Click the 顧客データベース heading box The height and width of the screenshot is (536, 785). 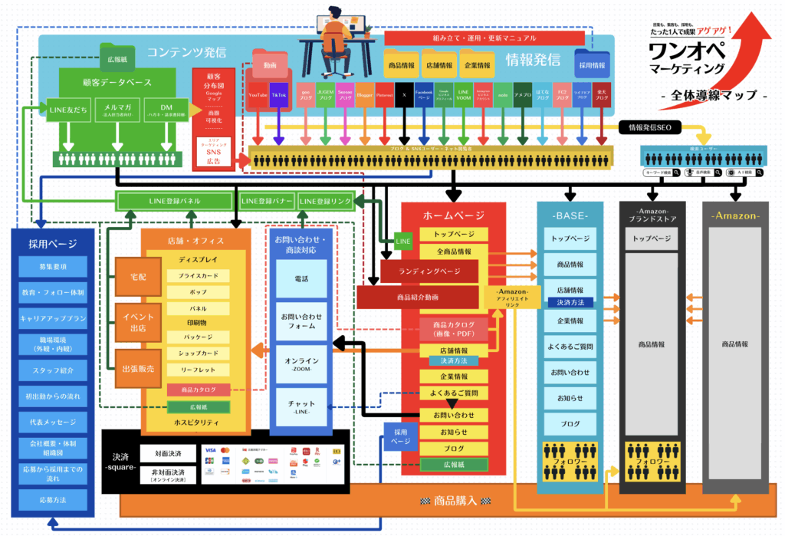click(x=117, y=81)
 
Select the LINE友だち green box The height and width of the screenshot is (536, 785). click(x=67, y=109)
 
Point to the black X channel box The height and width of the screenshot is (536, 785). click(x=404, y=94)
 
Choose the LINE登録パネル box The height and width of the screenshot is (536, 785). click(x=175, y=201)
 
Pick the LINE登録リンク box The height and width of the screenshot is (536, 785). click(x=325, y=201)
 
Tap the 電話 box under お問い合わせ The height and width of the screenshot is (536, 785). click(x=301, y=278)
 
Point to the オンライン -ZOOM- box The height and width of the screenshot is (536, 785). click(x=301, y=363)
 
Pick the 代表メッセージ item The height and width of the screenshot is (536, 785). click(x=54, y=422)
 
